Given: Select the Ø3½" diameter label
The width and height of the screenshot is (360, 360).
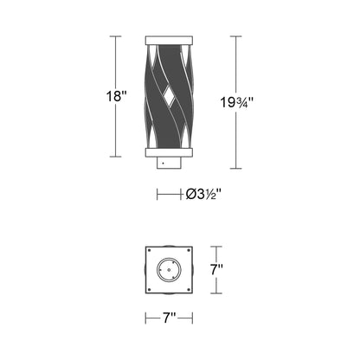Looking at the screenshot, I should click(200, 196).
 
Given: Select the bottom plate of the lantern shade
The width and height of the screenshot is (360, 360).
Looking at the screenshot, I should click(167, 151).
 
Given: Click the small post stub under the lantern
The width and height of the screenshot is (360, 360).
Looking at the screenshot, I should click(167, 163).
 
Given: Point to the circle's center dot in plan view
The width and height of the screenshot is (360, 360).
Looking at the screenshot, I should click(168, 271).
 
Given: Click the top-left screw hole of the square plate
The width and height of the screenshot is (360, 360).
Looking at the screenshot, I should click(151, 254).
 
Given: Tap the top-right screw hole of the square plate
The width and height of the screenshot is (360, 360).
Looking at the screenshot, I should click(184, 254).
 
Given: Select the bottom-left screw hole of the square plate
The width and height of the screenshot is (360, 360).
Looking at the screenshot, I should click(151, 287).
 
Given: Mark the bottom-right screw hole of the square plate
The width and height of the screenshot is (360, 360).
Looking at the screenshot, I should click(184, 287).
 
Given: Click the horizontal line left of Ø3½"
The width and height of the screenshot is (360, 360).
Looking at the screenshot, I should click(169, 196).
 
